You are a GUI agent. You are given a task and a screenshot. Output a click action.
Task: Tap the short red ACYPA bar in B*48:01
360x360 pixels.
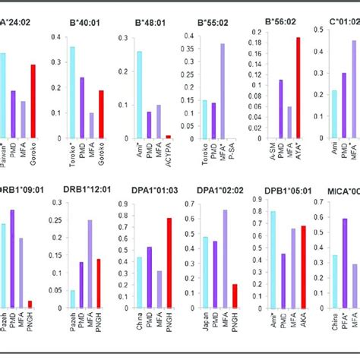(x=168, y=137)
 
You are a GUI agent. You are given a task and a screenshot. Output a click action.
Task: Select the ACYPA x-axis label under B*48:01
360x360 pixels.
(x=169, y=157)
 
